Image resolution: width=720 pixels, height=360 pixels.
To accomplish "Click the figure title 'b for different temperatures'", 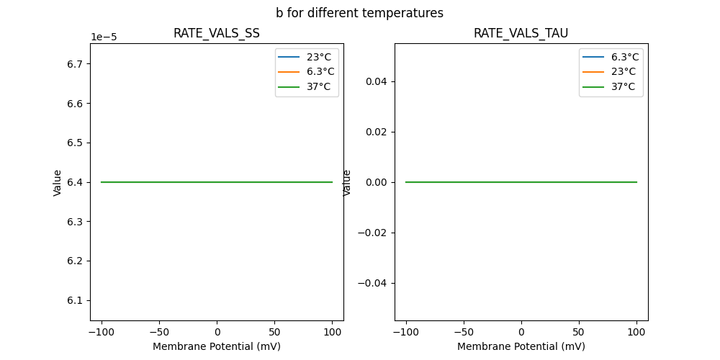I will pos(359,13).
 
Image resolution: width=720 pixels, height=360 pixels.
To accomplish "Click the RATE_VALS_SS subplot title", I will pos(216,34).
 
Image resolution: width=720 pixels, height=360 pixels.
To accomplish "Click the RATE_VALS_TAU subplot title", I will pos(521,34).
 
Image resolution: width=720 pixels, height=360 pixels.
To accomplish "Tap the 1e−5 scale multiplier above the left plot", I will pos(104,37).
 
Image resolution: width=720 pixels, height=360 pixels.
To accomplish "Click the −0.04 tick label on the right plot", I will pos(374,283).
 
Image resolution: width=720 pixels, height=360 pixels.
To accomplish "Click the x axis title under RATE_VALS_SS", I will pos(216,346).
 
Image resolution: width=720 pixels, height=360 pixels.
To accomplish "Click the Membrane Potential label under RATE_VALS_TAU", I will pos(521,346).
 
